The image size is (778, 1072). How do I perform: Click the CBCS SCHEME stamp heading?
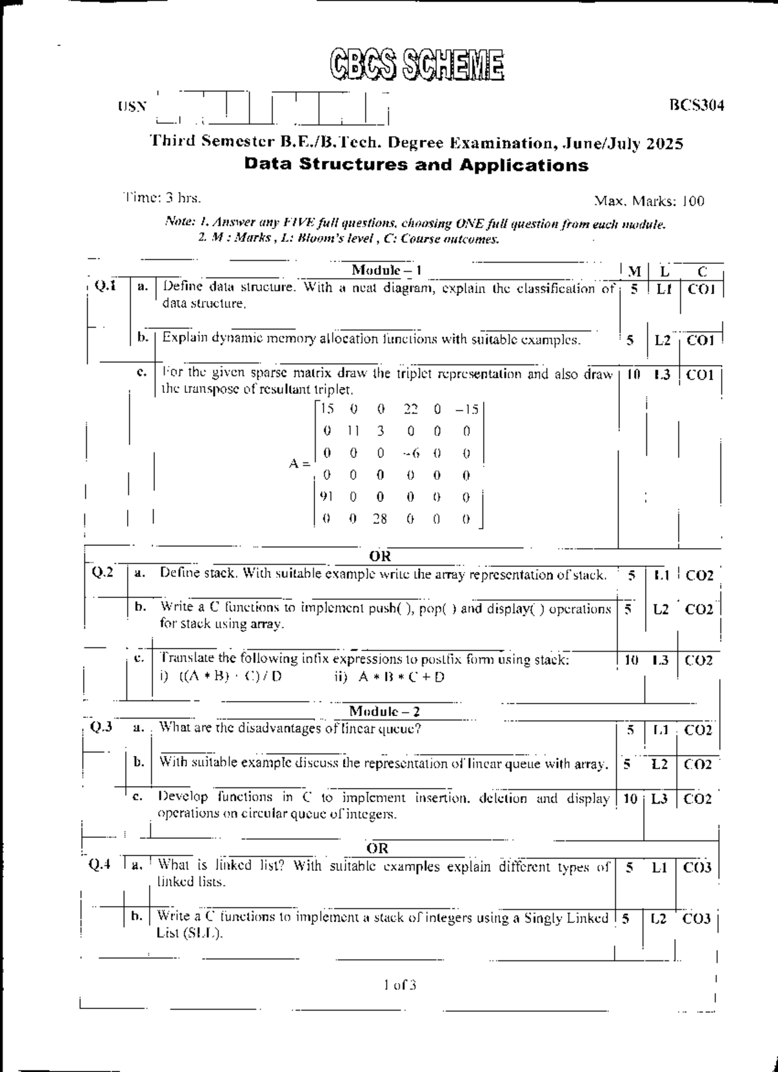(416, 66)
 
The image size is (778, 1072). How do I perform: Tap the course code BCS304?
(696, 105)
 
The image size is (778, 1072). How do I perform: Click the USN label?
(132, 106)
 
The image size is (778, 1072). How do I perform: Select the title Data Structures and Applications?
(416, 165)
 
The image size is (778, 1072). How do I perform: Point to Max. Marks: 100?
(649, 202)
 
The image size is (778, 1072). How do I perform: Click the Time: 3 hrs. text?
(162, 198)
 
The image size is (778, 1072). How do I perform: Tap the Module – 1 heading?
(386, 270)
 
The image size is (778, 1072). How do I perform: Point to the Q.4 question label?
(100, 864)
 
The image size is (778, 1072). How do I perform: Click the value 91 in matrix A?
(327, 497)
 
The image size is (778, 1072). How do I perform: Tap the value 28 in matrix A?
(380, 519)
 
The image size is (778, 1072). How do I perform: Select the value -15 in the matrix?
(466, 409)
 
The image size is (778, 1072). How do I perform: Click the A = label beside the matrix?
(299, 464)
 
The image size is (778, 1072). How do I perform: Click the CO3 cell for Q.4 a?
(698, 868)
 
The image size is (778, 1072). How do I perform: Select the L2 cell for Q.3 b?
(659, 765)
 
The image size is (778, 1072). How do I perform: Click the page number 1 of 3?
(399, 985)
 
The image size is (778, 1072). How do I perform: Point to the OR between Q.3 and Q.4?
(377, 848)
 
